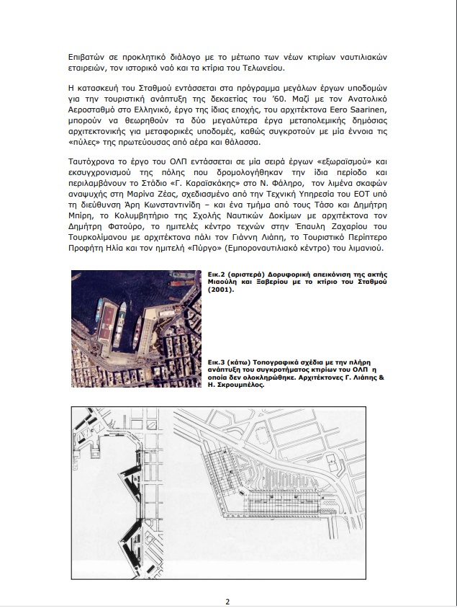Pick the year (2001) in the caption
221,289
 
